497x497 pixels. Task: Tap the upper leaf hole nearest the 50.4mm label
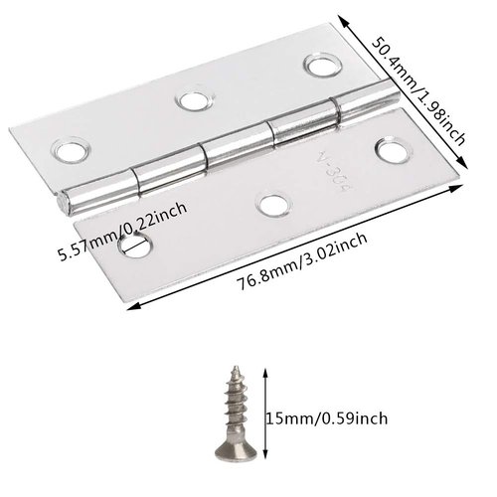(x=319, y=69)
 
